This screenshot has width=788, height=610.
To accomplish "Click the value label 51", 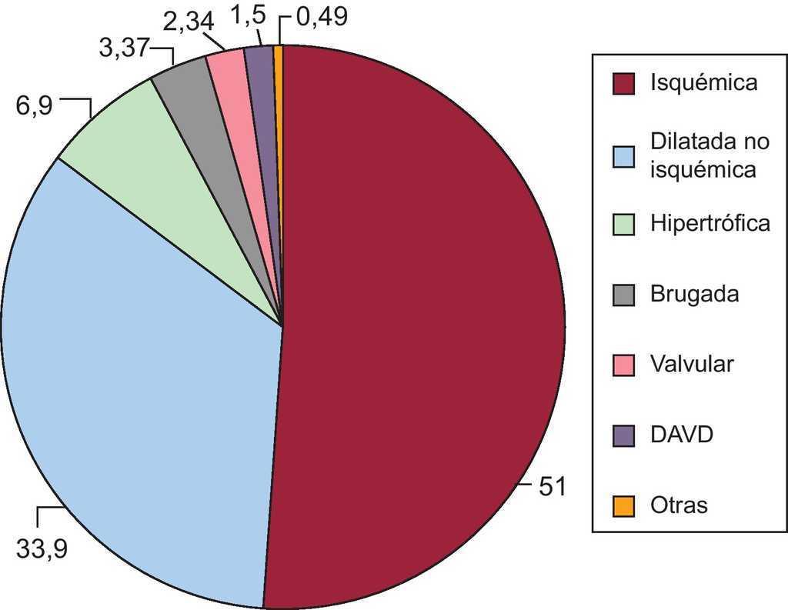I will [x=551, y=487].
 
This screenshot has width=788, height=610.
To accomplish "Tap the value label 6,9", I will [x=34, y=105].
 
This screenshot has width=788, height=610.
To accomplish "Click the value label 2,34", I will [x=189, y=19].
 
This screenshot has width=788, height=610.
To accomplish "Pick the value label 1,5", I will [x=245, y=16].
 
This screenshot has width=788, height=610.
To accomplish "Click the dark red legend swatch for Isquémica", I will [x=623, y=84].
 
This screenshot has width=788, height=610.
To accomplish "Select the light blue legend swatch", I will [x=623, y=155].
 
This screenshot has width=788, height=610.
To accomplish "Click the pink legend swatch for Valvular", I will [x=623, y=365].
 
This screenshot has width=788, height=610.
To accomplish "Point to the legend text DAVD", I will [x=681, y=435].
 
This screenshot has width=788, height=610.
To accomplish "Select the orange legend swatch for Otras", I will [x=623, y=506].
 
